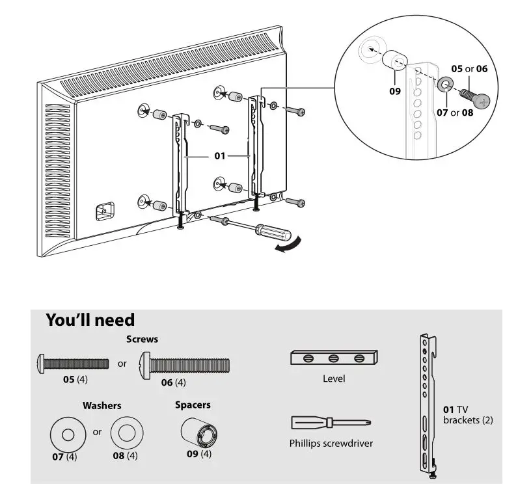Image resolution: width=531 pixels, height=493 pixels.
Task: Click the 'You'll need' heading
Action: click(x=90, y=320)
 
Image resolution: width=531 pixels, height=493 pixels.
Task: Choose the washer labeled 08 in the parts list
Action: click(x=126, y=431)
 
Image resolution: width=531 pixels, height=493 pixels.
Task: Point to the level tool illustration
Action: click(x=334, y=358)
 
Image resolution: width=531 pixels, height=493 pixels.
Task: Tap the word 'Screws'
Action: click(x=142, y=339)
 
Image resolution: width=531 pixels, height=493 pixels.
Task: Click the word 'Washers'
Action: click(x=102, y=405)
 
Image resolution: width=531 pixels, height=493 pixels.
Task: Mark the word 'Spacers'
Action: click(x=193, y=405)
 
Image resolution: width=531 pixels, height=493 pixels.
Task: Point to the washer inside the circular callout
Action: click(x=446, y=85)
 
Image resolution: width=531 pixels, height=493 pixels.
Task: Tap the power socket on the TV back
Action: click(x=105, y=211)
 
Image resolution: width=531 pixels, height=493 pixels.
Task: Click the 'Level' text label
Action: click(x=334, y=379)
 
